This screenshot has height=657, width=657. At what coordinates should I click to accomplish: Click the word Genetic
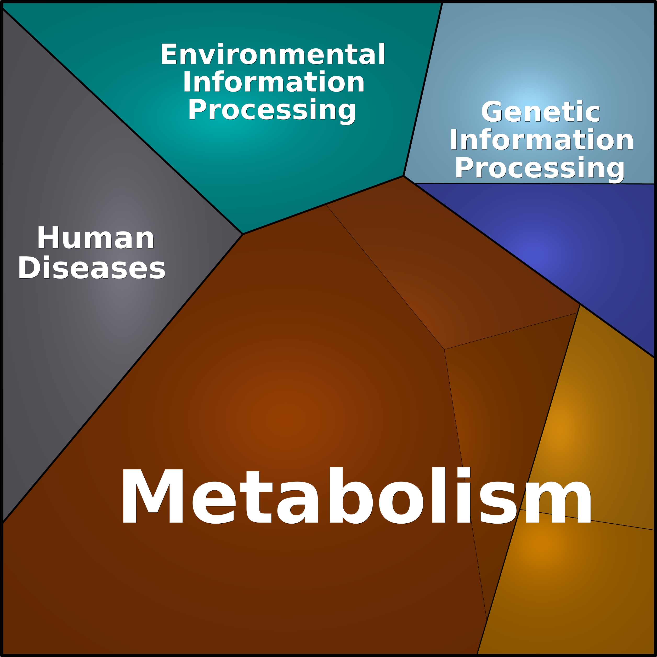pyautogui.click(x=540, y=111)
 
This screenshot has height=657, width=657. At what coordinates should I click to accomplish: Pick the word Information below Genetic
pyautogui.click(x=542, y=140)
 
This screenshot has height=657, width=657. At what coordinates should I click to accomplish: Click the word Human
pyautogui.click(x=96, y=238)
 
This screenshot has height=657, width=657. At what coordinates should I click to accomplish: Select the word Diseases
pyautogui.click(x=92, y=268)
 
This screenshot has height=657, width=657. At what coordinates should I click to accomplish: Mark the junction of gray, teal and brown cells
pyautogui.click(x=242, y=234)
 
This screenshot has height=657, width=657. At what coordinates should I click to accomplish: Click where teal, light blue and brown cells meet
pyautogui.click(x=403, y=176)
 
